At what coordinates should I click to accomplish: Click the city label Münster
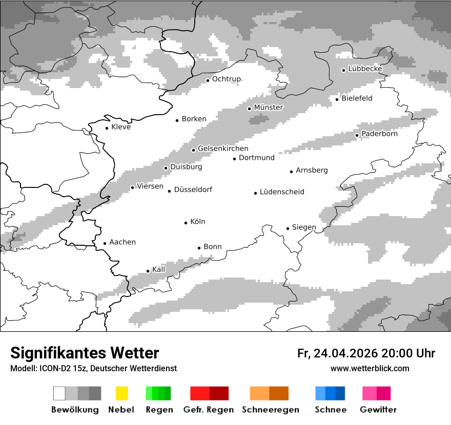269,108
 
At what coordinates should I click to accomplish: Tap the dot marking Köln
186,222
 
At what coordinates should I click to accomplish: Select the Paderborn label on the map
379,134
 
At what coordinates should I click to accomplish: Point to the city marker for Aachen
105,243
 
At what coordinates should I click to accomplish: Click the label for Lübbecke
365,69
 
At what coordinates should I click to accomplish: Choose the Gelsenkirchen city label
223,148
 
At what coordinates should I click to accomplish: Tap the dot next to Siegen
288,228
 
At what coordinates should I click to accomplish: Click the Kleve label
121,127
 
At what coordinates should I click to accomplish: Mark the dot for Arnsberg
291,171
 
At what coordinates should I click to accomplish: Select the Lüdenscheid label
282,192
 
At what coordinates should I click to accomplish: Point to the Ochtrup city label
226,79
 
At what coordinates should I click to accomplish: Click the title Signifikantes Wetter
85,353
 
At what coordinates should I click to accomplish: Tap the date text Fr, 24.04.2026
337,353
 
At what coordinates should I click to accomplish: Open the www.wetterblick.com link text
370,368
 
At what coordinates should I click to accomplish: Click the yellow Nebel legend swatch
121,393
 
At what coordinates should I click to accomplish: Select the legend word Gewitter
378,410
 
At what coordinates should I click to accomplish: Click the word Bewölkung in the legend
75,410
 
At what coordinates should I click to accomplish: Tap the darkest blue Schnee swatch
340,393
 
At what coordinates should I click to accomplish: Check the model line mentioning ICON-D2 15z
93,368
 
